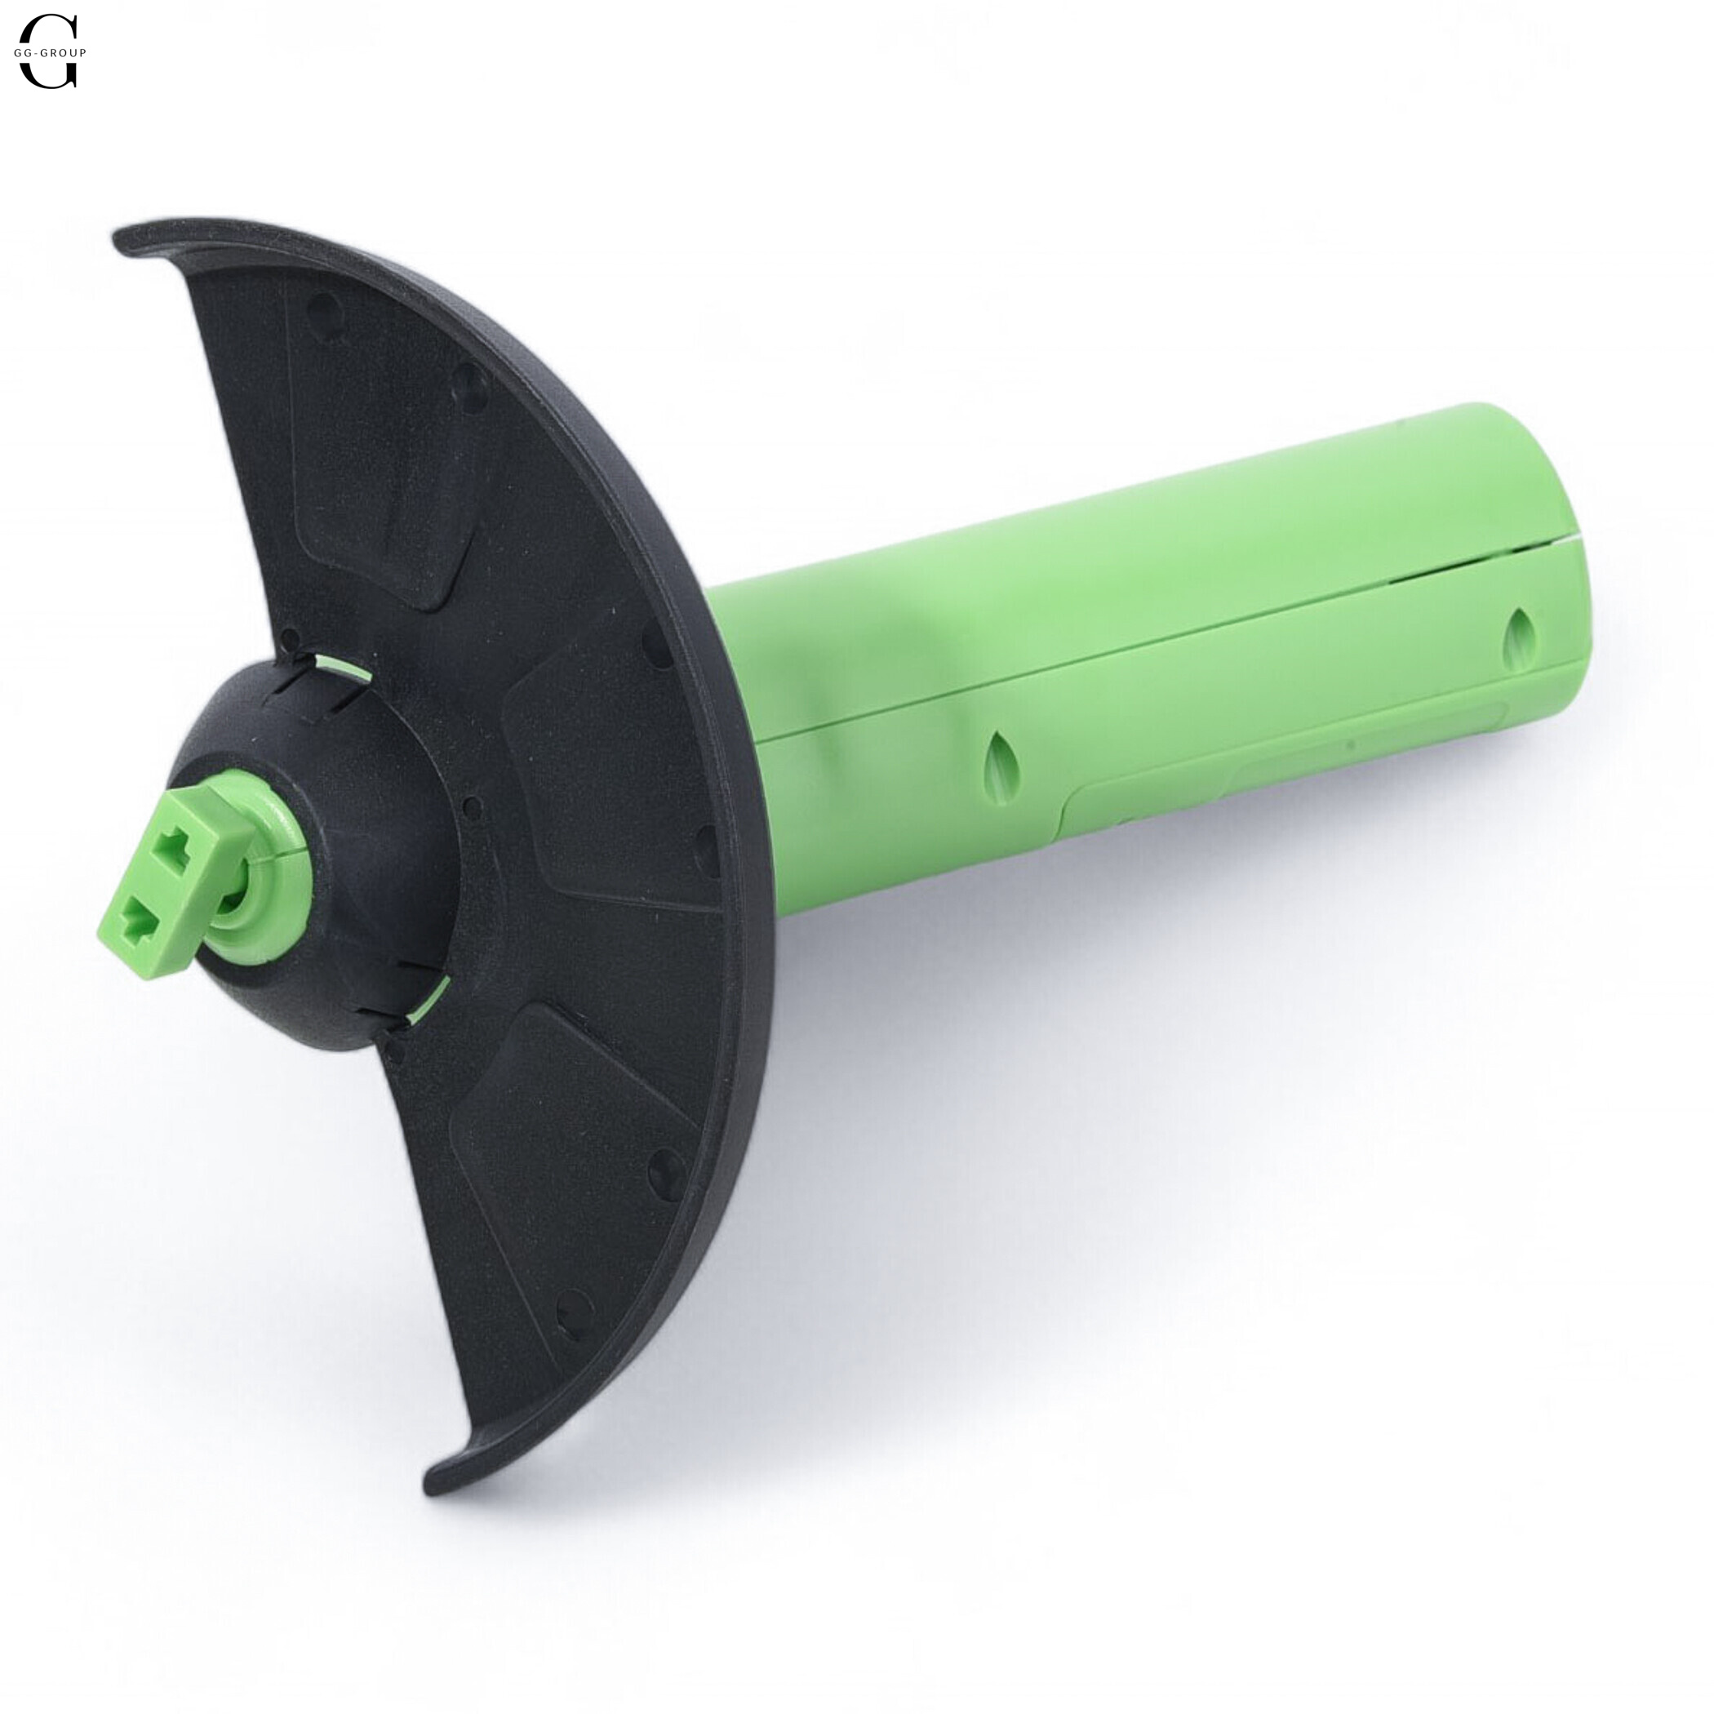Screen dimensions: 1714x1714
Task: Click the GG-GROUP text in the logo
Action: tap(51, 52)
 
